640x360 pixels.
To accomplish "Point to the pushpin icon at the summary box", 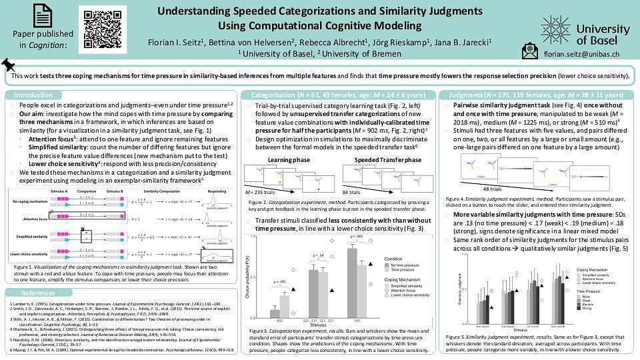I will pos(9,65).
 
